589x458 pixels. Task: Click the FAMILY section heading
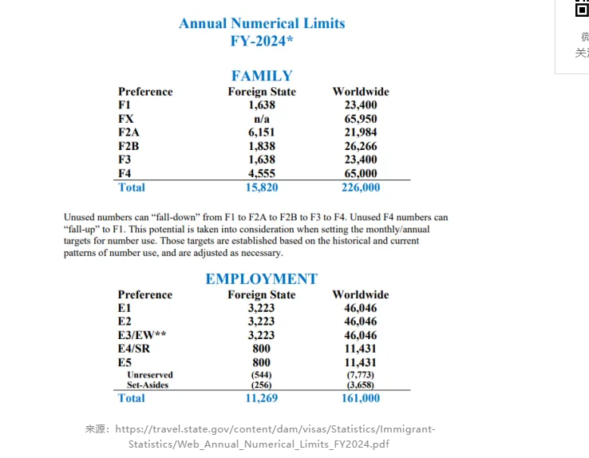click(262, 76)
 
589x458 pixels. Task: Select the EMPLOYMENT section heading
click(261, 279)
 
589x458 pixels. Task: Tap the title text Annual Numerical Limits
click(262, 23)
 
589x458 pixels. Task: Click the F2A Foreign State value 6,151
click(262, 132)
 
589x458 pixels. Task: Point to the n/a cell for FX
click(262, 119)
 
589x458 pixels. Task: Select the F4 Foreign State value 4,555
click(262, 173)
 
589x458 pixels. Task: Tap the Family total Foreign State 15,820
click(262, 188)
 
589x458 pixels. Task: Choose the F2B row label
click(131, 146)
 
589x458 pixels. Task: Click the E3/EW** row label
click(142, 335)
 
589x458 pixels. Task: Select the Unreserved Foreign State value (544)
click(261, 375)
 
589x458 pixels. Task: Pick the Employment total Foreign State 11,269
click(261, 398)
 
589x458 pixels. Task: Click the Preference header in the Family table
click(145, 92)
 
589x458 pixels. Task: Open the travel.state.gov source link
click(275, 436)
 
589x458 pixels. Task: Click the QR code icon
click(582, 9)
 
